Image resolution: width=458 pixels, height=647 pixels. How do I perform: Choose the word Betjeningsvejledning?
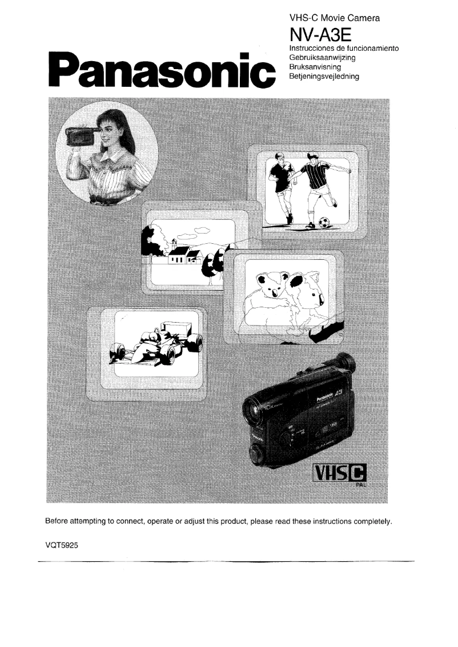click(324, 75)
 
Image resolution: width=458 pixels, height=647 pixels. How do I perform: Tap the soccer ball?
click(324, 221)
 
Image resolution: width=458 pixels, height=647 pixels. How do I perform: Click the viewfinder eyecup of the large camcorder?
click(344, 364)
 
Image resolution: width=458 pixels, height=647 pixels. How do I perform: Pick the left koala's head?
click(268, 284)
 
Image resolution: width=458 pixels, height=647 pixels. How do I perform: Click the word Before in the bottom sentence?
click(58, 521)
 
